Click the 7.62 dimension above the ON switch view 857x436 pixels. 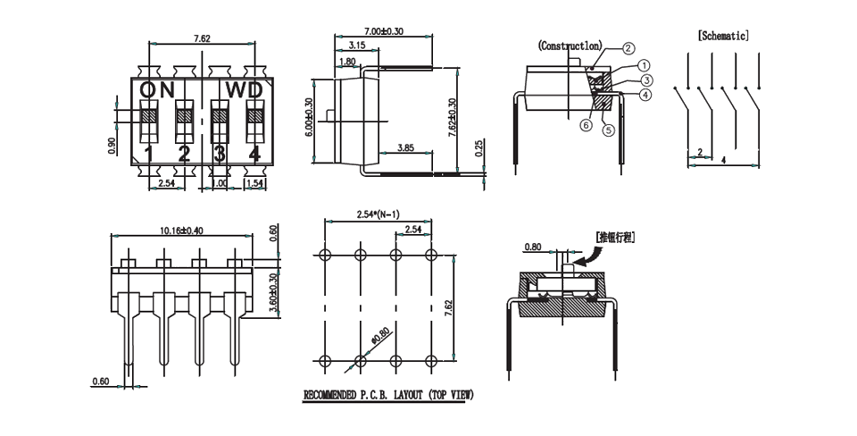point(202,38)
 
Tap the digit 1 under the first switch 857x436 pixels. point(150,155)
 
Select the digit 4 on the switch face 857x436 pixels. point(254,155)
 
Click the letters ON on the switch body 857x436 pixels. point(157,89)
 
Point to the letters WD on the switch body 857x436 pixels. point(243,89)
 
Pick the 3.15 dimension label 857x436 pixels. point(356,45)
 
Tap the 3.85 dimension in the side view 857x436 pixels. point(405,147)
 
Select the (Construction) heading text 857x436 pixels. point(570,45)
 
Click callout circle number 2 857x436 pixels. point(628,48)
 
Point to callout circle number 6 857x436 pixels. point(586,125)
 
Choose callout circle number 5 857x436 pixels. point(609,130)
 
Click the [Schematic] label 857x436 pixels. point(722,35)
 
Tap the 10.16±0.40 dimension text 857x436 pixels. point(181,231)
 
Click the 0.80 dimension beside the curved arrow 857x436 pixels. point(533,247)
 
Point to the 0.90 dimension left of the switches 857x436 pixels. point(112,145)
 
